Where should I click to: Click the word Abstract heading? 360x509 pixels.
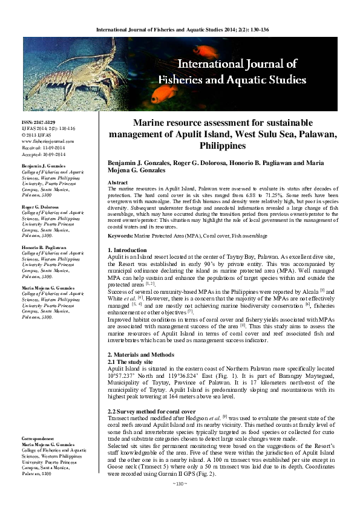[117, 182]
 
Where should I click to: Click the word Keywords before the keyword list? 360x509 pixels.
[121, 235]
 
